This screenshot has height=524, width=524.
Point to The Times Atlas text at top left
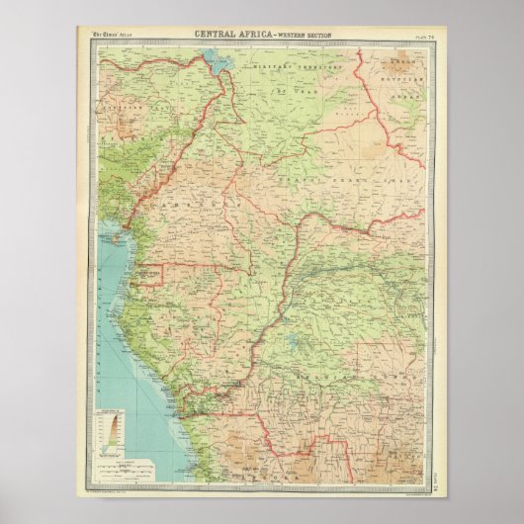click(113, 36)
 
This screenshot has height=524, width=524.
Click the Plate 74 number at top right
click(409, 36)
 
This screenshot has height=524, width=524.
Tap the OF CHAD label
click(297, 91)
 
